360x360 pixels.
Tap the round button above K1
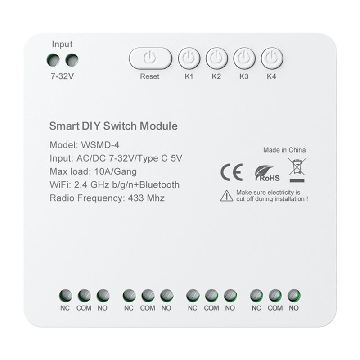[x=189, y=58]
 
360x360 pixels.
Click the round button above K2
[x=216, y=58]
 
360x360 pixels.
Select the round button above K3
[x=244, y=58]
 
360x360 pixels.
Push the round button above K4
[x=271, y=58]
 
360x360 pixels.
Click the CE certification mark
[x=231, y=172]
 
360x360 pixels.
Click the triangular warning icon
[x=226, y=195]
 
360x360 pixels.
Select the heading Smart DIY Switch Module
[x=113, y=126]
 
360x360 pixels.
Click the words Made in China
[x=284, y=150]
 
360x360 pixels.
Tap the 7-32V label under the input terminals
[x=62, y=76]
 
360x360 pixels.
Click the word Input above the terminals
[x=62, y=44]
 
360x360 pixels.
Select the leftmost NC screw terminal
[x=65, y=295]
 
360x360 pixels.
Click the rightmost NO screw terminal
[x=294, y=295]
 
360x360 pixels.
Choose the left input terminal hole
[x=54, y=59]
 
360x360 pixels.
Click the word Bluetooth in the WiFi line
[x=157, y=184]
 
